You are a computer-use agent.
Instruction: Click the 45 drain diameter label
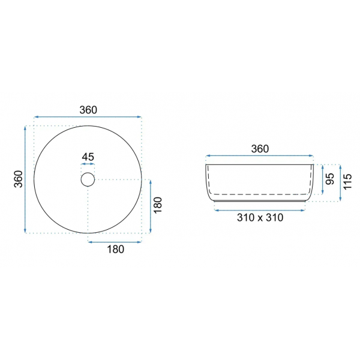88,157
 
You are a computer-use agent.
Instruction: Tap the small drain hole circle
88,173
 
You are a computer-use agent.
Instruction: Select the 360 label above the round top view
88,110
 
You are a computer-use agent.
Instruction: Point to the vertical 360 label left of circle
19,179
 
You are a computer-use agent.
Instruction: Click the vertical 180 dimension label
158,205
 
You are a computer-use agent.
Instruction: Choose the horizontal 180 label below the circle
115,249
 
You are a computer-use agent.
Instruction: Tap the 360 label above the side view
260,149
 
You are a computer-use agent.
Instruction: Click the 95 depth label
330,179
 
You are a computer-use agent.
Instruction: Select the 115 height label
347,181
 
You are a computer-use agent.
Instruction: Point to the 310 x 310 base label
260,217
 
